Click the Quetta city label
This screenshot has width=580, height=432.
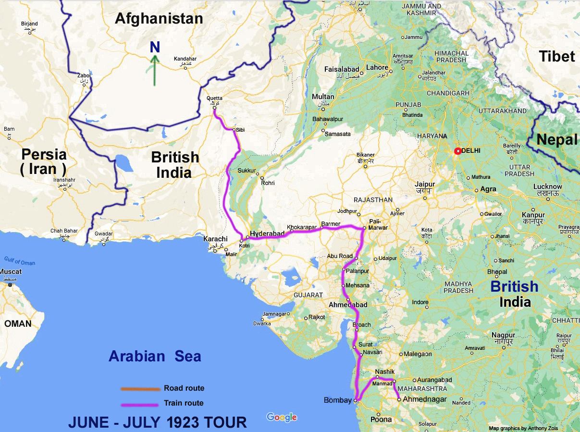point(214,99)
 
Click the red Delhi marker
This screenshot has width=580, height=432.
point(457,151)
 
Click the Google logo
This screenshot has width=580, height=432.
point(282,417)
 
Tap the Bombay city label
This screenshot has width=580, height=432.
point(338,400)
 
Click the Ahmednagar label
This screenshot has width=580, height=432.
point(424,399)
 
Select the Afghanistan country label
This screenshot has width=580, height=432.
point(159,19)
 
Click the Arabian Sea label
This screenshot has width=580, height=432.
point(155,356)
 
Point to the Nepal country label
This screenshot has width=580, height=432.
point(557,140)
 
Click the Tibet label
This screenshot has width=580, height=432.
point(556,56)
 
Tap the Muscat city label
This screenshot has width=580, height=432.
point(11,272)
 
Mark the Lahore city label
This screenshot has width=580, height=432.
point(377,67)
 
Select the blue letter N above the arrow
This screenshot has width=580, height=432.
point(154,47)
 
